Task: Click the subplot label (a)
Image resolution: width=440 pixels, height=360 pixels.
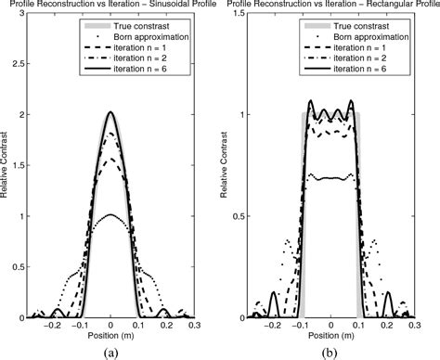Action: click(110, 351)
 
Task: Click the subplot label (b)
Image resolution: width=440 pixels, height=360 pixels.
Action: click(331, 351)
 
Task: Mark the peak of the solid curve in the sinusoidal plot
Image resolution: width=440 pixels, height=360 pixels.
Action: click(110, 113)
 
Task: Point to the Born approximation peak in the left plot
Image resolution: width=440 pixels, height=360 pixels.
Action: click(110, 215)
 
